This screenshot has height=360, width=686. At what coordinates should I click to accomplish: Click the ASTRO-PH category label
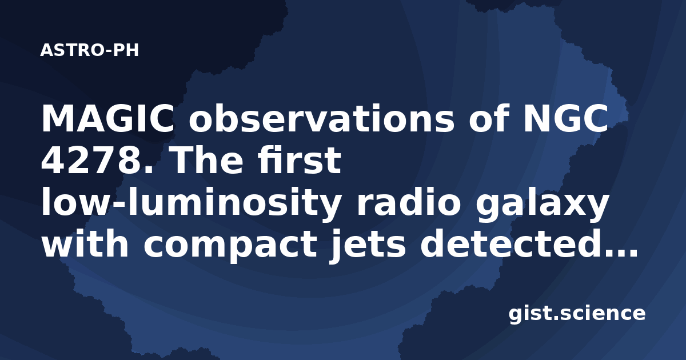click(89, 50)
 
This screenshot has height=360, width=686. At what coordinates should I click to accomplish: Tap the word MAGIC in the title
click(107, 118)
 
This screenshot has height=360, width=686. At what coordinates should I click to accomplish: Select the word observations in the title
click(321, 118)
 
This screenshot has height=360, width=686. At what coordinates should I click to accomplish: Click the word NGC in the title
click(565, 118)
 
